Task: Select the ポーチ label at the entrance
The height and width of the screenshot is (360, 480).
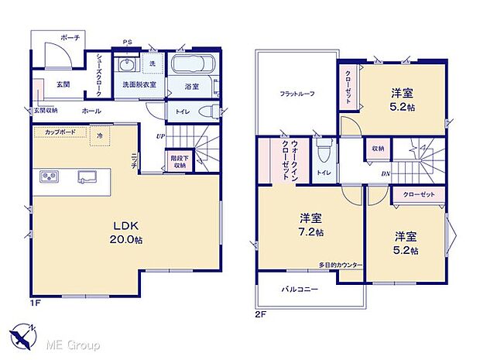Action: click(70, 37)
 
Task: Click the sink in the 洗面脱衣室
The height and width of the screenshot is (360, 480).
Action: click(127, 64)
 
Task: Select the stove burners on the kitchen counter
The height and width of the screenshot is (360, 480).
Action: click(50, 178)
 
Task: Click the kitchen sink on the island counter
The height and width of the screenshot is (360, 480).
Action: click(87, 177)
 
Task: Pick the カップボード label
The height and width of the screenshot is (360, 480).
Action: click(60, 132)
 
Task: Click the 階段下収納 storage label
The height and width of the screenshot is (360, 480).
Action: click(179, 160)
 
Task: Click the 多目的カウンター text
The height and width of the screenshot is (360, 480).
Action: click(340, 265)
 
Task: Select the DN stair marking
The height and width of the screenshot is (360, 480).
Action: click(386, 174)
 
